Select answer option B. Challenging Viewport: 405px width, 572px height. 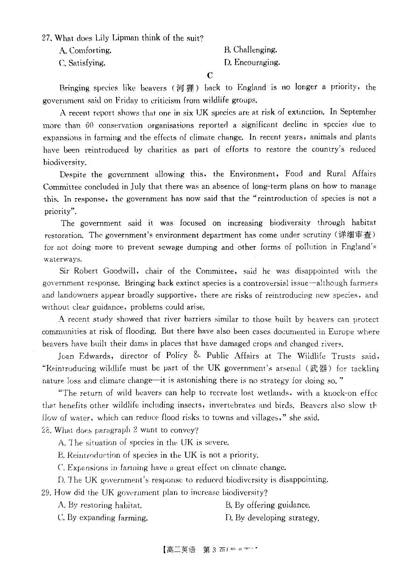click(251, 50)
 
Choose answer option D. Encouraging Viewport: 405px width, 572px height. click(252, 62)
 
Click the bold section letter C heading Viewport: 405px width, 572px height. click(210, 75)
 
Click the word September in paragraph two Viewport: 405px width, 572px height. click(358, 112)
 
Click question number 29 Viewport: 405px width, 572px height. click(47, 492)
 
